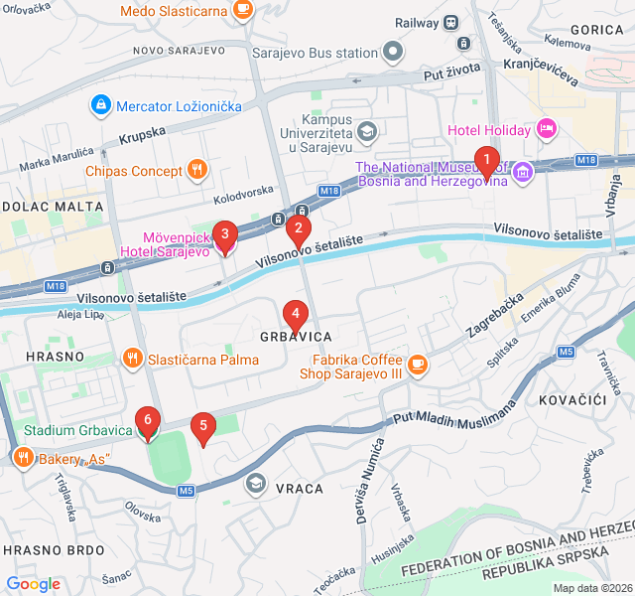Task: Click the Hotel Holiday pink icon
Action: [545, 128]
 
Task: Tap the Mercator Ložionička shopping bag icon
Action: [100, 104]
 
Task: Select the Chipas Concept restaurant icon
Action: [197, 170]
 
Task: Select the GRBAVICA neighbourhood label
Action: [296, 337]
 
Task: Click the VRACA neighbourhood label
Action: [300, 489]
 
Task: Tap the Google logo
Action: [33, 584]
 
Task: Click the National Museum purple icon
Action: [523, 175]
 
